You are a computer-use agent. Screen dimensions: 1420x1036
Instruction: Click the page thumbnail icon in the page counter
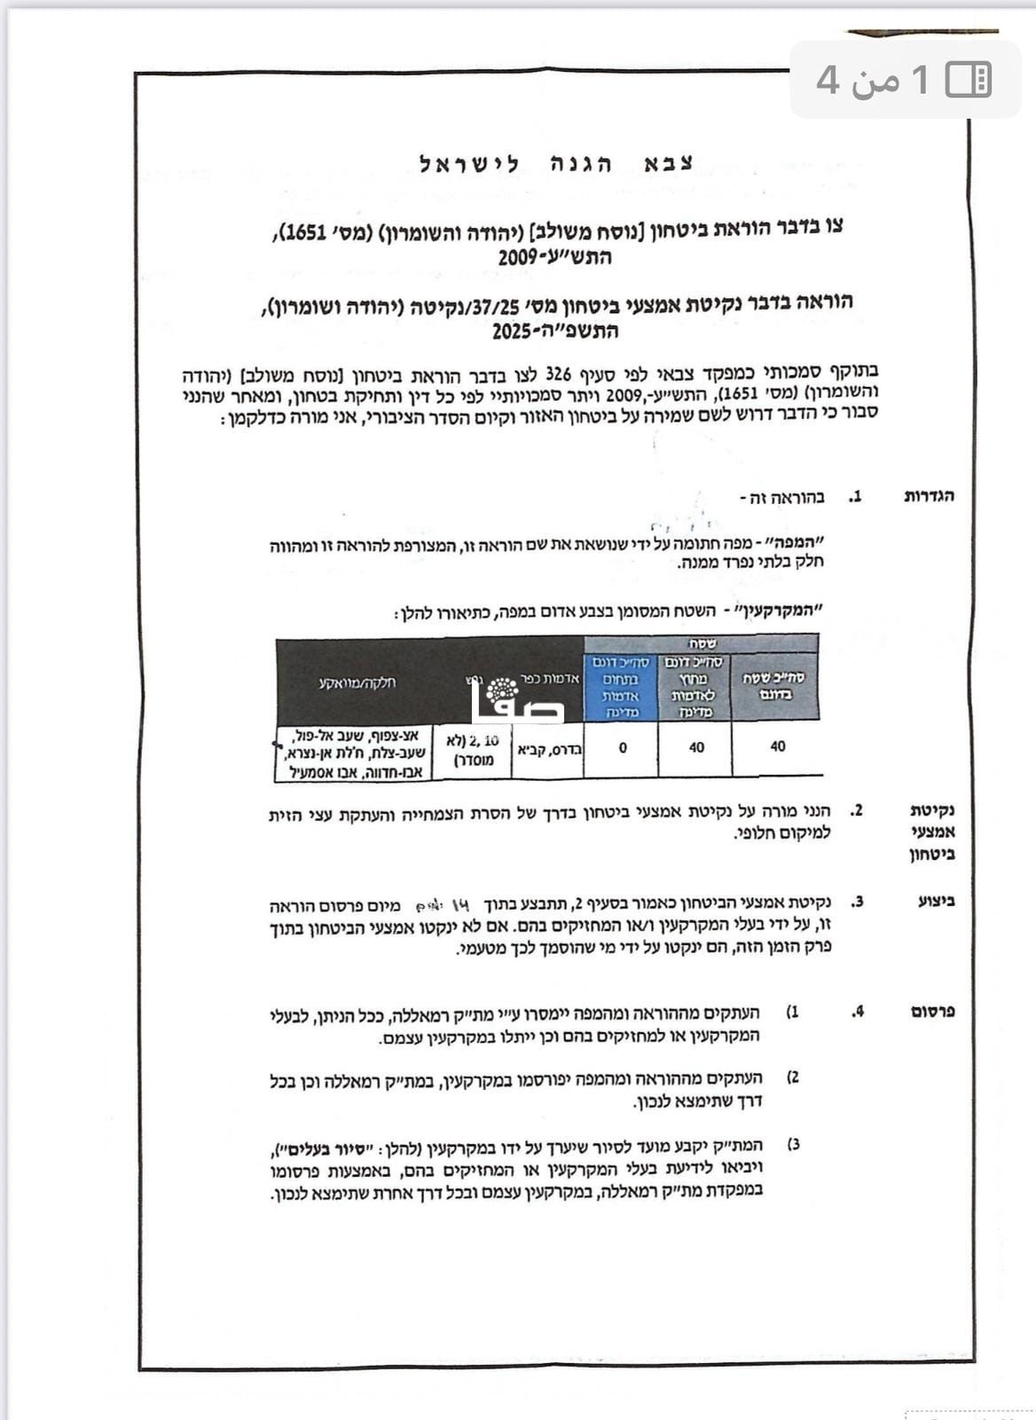click(968, 80)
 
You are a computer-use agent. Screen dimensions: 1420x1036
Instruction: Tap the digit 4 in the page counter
click(827, 80)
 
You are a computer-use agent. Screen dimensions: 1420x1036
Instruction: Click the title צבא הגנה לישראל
click(556, 164)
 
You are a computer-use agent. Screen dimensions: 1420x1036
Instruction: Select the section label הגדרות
click(929, 496)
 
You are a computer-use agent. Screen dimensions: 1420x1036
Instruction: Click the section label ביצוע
click(938, 902)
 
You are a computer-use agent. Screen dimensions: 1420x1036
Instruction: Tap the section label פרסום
click(933, 1012)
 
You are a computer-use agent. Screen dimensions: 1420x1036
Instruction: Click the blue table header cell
click(621, 687)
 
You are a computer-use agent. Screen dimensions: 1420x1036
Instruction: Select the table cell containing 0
click(623, 747)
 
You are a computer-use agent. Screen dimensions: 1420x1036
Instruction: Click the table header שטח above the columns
click(701, 643)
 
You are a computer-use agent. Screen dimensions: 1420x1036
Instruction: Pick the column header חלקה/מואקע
click(357, 682)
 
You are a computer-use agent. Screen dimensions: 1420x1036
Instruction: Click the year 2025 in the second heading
click(511, 332)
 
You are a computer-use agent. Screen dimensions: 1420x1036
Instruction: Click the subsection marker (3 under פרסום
click(793, 1144)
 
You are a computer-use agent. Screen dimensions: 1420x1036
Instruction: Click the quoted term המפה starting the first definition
click(802, 542)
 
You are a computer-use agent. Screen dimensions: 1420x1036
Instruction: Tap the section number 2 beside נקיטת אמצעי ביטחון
click(856, 810)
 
